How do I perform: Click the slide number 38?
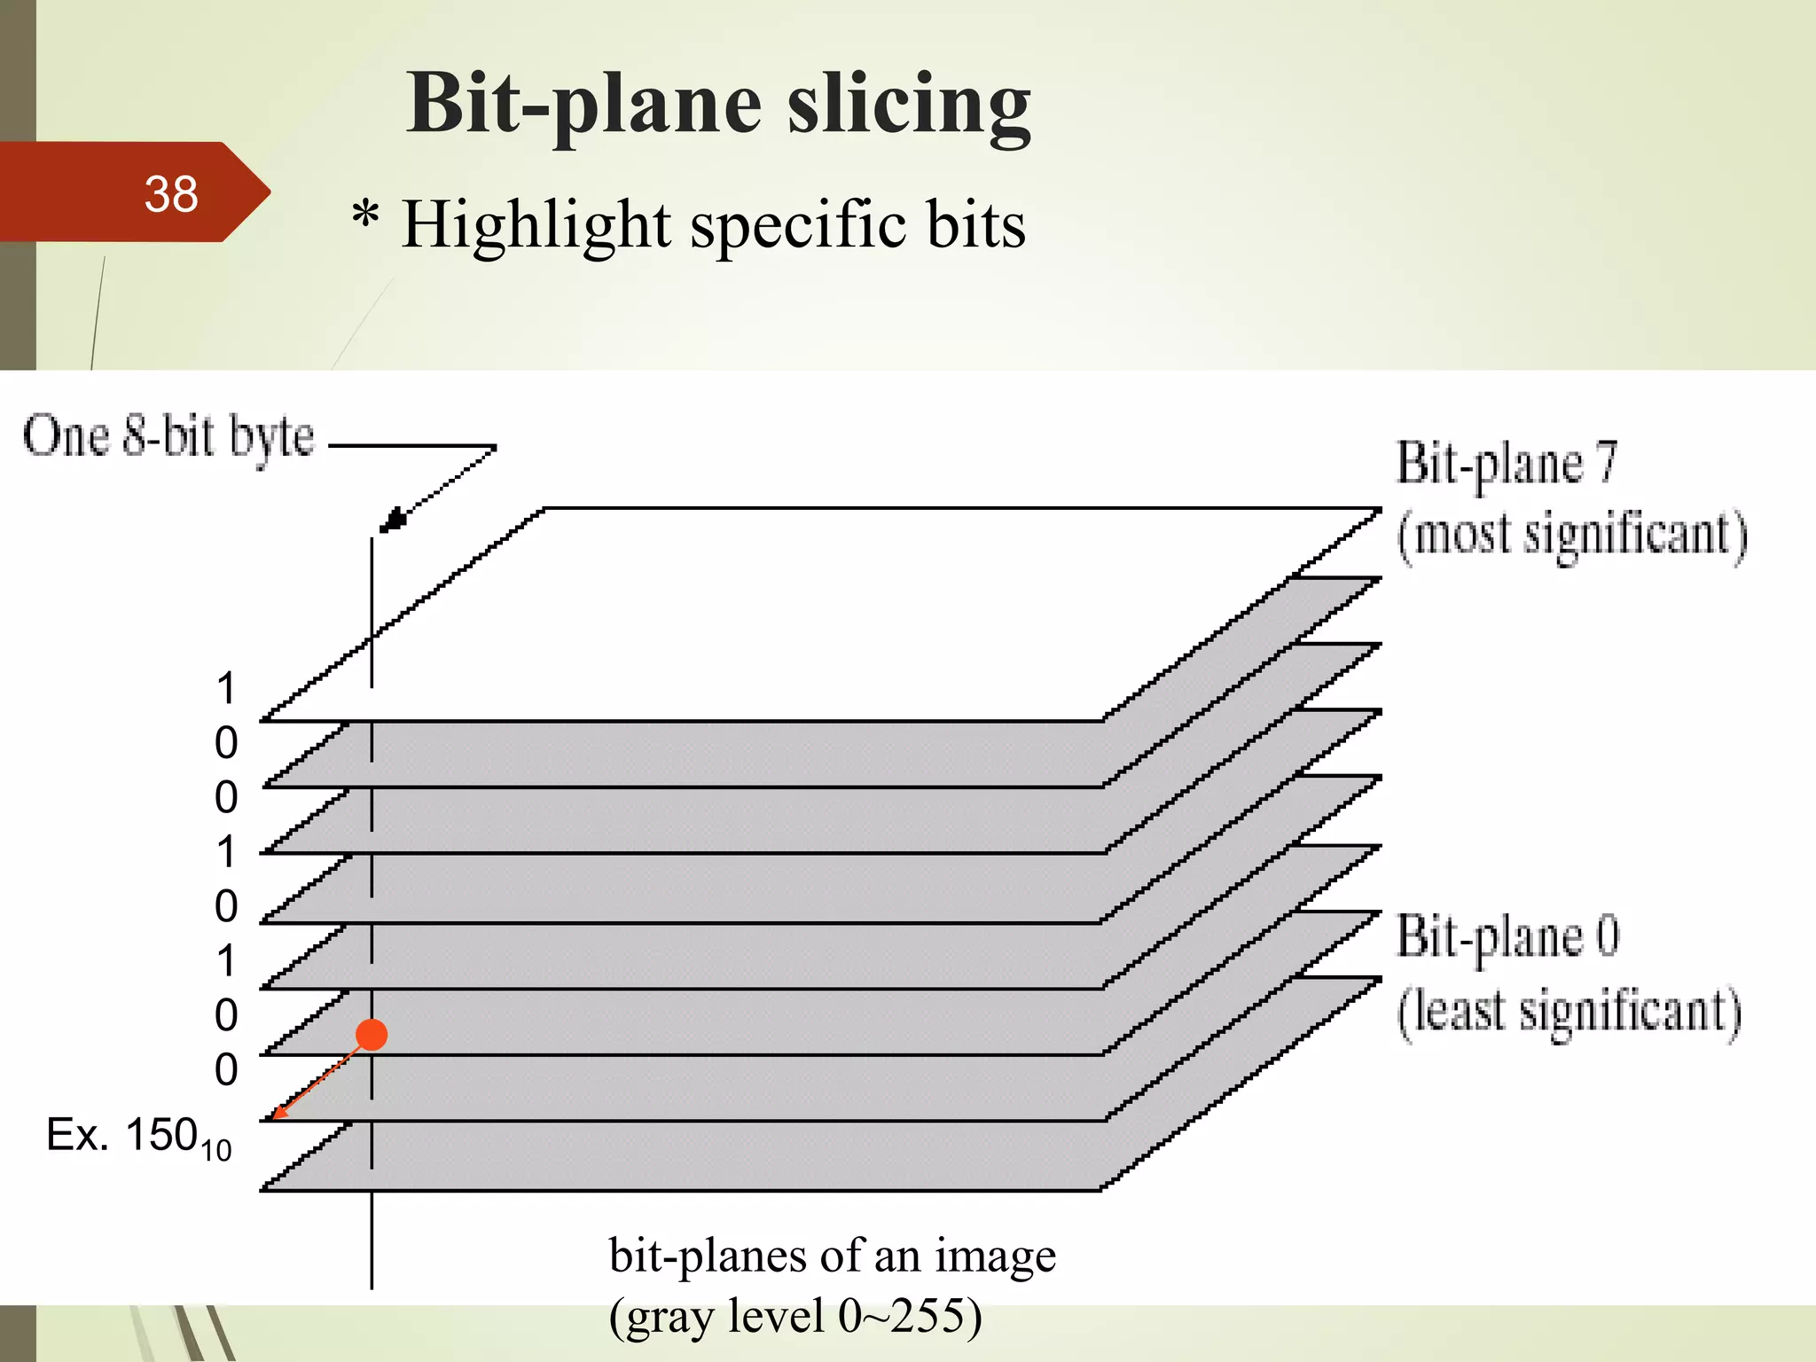(x=171, y=194)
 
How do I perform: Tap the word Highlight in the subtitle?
(x=536, y=224)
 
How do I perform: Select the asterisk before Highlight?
(x=365, y=215)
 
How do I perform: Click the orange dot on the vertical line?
(x=372, y=1034)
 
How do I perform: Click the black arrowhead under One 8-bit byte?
(x=392, y=520)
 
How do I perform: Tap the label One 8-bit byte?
(x=168, y=436)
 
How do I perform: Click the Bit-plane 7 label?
(x=1507, y=463)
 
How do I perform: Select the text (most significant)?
(x=1571, y=536)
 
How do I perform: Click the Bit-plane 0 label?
(x=1507, y=936)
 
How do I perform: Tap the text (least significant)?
(x=1569, y=1012)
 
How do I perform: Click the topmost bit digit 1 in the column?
(x=227, y=689)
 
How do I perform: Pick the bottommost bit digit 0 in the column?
(x=226, y=1069)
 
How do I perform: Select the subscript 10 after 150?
(x=215, y=1150)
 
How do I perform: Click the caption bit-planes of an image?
(x=832, y=1256)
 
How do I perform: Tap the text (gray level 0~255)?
(x=794, y=1316)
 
